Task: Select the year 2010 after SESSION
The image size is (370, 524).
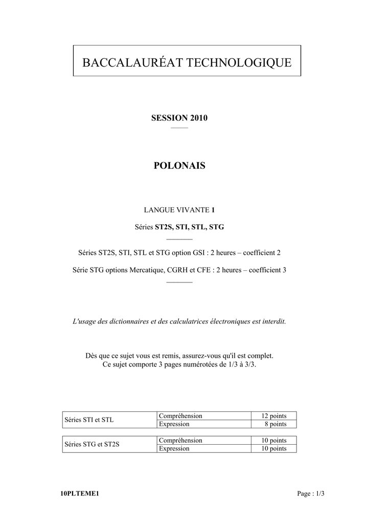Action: (199, 118)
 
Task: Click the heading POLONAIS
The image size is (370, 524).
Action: (179, 166)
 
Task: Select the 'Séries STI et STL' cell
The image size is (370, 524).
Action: (89, 420)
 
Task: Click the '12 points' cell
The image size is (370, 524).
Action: (274, 416)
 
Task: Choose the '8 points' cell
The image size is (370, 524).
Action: (275, 424)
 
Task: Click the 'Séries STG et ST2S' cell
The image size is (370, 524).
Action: (91, 444)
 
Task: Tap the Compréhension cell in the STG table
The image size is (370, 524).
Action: (180, 441)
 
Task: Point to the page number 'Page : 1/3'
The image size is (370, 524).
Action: (311, 494)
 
